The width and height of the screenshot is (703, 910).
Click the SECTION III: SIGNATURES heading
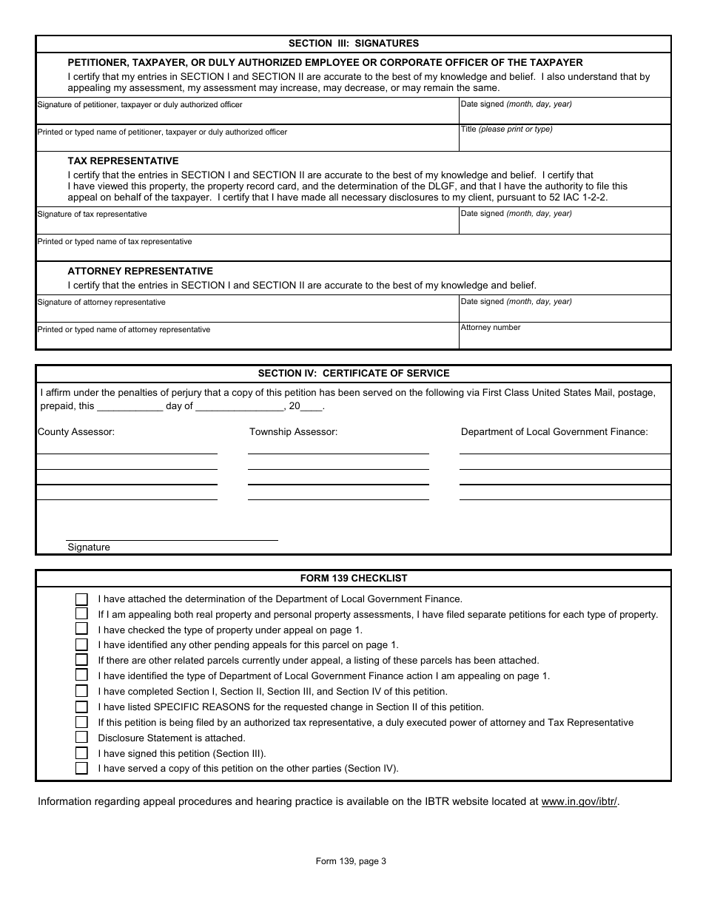click(353, 44)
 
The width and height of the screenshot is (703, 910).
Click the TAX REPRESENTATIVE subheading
click(123, 161)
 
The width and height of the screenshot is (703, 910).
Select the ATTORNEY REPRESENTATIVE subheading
click(140, 271)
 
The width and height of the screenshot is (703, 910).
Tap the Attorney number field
click(565, 336)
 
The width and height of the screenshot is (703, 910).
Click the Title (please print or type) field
click(565, 138)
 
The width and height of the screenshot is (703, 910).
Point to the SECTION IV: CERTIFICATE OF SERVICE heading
click(353, 374)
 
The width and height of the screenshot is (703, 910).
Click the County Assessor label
click(76, 431)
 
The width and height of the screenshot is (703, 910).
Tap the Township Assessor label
click(293, 431)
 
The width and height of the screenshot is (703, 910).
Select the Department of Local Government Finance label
click(554, 431)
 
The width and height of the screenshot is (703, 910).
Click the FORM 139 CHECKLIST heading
click(353, 579)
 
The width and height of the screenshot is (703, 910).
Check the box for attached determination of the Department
click(81, 599)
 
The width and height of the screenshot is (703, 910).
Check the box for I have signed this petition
click(81, 753)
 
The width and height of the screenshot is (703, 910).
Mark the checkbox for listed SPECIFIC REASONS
click(81, 707)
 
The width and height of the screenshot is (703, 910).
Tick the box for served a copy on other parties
click(81, 769)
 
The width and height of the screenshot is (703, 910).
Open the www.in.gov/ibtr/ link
click(579, 801)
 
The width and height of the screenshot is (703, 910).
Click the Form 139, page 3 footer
click(351, 860)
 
